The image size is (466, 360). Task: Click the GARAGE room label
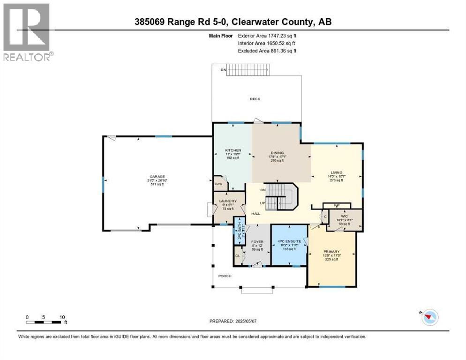pos(157,177)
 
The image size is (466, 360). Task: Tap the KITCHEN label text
pos(233,150)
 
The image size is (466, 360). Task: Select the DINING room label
pos(277,153)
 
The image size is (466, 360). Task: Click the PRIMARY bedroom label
pos(332,251)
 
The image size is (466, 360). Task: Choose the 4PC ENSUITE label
pos(289,241)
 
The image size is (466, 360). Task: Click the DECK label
pos(255,99)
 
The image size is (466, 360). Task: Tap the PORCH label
pos(225,276)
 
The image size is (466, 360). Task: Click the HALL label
pos(256,213)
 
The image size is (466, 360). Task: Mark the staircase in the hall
pos(280,197)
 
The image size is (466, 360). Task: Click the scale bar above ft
pos(45,322)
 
